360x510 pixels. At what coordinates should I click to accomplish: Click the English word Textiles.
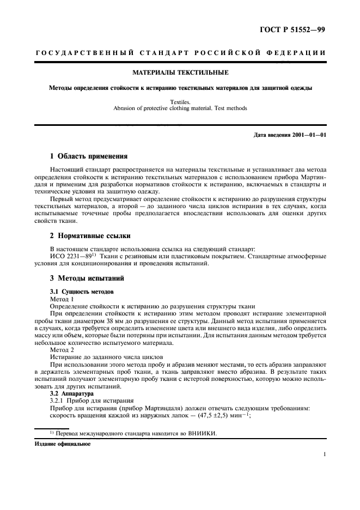[x=180, y=101]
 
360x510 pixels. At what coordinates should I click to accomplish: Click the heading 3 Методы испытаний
[x=84, y=278]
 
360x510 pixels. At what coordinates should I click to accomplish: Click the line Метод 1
[x=62, y=299]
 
